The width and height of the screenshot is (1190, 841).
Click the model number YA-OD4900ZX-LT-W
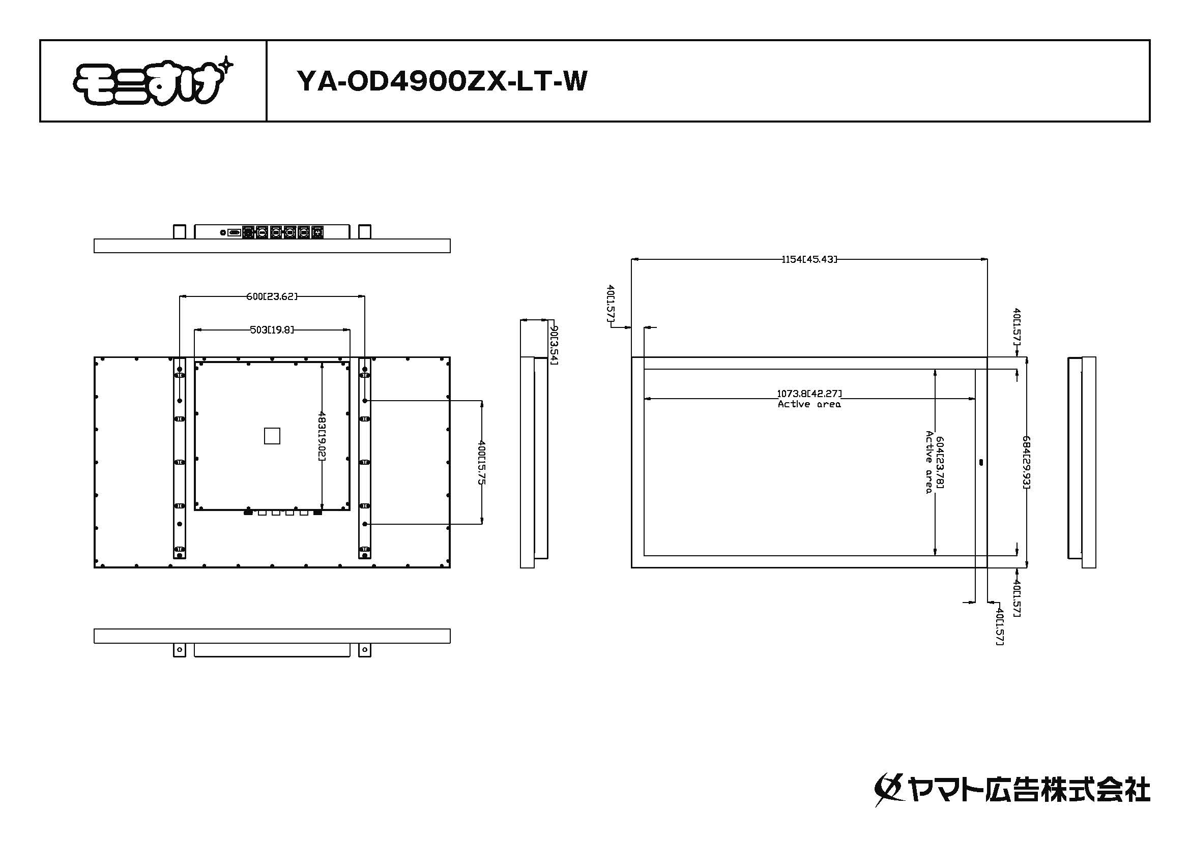point(442,81)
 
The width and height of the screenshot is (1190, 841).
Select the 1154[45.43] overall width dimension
point(809,259)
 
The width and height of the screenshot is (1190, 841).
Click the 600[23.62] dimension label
point(272,296)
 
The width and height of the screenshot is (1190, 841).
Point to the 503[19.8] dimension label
point(272,329)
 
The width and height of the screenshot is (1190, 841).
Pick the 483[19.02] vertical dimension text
point(322,436)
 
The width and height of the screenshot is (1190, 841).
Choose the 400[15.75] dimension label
point(481,462)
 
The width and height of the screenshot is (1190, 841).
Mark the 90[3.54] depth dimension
point(554,345)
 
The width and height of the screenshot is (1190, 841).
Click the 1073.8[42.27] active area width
point(809,394)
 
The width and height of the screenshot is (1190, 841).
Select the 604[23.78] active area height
point(940,462)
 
